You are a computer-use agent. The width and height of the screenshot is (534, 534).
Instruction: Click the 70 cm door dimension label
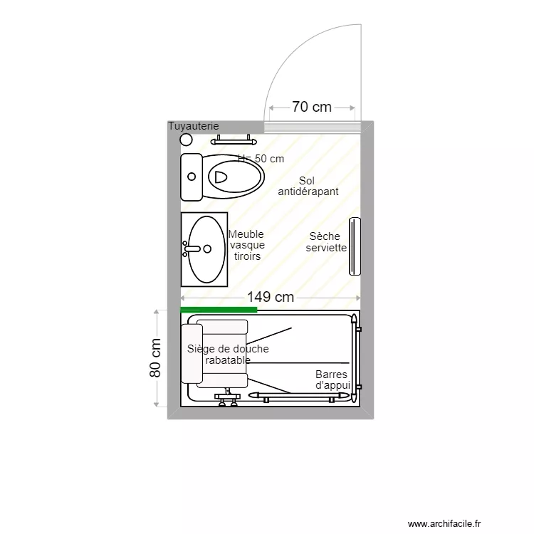tap(311, 108)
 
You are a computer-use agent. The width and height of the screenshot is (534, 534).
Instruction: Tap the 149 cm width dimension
tap(271, 298)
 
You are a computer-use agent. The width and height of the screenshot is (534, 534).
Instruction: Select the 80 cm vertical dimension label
tap(155, 357)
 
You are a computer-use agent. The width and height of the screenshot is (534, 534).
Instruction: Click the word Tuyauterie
tap(193, 126)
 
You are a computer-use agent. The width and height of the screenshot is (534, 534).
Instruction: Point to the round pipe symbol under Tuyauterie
tap(187, 140)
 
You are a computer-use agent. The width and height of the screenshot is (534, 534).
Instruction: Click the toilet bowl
tap(235, 175)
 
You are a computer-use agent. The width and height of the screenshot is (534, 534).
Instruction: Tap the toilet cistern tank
tap(192, 177)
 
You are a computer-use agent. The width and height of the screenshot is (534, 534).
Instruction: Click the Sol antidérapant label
tap(308, 187)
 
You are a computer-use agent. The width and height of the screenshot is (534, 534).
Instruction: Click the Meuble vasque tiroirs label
tap(246, 245)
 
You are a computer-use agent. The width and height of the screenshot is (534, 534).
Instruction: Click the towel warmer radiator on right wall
tap(355, 246)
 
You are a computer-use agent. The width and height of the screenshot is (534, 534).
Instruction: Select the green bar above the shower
tap(219, 310)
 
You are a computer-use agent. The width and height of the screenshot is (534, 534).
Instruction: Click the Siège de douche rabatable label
tap(228, 355)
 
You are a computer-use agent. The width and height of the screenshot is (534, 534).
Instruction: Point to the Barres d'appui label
tap(333, 379)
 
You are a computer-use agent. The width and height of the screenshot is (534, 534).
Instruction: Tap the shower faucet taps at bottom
tap(227, 399)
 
